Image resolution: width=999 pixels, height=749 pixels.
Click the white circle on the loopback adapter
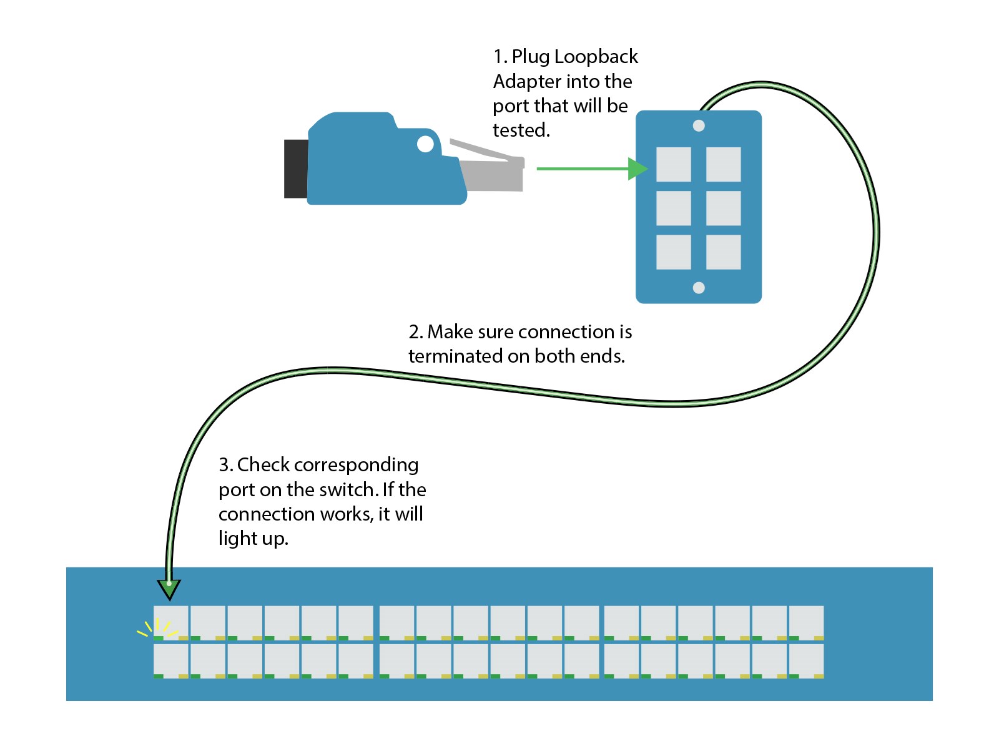tap(425, 144)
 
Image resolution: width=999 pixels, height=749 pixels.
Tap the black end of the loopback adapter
tap(295, 169)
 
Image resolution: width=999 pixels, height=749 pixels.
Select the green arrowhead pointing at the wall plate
tap(637, 169)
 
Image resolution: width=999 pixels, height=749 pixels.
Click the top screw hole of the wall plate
tap(699, 125)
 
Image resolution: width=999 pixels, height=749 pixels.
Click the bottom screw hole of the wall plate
tap(699, 288)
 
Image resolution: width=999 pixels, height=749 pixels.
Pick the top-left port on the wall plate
tap(673, 164)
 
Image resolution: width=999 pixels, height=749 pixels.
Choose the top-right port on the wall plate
tap(723, 164)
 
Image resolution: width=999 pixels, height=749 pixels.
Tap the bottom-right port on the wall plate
tap(723, 252)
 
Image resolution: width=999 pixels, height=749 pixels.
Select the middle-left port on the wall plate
tap(673, 208)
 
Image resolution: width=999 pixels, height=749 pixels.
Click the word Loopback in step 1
tap(596, 57)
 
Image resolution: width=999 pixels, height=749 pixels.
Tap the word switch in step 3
tap(347, 489)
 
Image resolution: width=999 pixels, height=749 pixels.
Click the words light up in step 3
tap(253, 538)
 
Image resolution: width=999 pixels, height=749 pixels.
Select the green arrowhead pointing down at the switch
tap(169, 589)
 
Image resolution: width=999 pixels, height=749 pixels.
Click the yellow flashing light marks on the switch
tap(156, 627)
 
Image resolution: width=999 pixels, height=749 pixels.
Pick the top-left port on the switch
tap(171, 622)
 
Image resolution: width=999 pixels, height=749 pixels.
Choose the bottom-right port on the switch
tap(806, 660)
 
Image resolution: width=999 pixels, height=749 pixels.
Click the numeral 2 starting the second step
tap(413, 331)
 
